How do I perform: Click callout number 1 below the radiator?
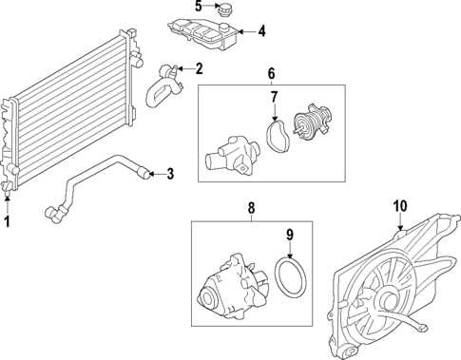coord(8,221)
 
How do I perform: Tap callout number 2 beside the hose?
coord(199,67)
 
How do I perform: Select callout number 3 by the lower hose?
coord(169,173)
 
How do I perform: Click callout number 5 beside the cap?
coord(199,7)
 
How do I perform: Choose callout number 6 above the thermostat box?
coord(270,73)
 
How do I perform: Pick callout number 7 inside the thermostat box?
coord(273,97)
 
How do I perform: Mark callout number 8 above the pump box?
coord(251,206)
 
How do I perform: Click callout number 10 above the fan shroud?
coord(399,204)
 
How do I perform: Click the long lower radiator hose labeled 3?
coord(95,176)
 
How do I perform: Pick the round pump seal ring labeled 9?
coord(289,280)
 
